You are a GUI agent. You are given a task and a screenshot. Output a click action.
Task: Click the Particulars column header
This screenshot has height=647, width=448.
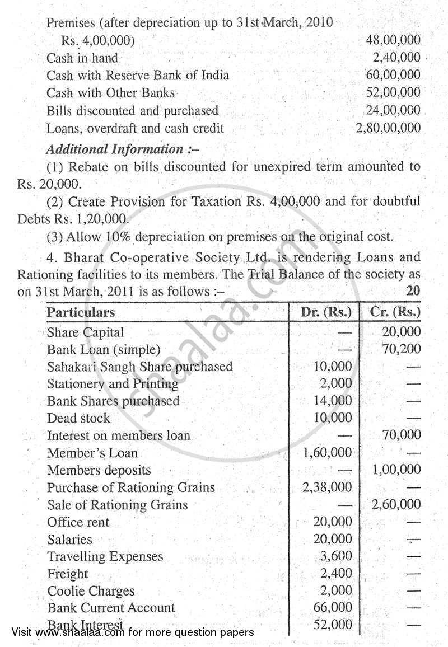(x=81, y=313)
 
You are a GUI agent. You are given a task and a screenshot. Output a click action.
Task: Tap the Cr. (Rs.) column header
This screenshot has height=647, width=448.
(x=395, y=312)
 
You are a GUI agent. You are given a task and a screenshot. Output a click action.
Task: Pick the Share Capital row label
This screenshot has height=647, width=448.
(x=85, y=332)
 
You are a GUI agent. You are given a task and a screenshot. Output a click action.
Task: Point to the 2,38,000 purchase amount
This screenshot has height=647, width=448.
(x=327, y=487)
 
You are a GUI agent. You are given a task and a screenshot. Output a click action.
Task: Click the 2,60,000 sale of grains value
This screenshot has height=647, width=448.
(x=396, y=504)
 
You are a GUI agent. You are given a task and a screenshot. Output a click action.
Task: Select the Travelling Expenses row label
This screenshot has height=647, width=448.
(x=105, y=556)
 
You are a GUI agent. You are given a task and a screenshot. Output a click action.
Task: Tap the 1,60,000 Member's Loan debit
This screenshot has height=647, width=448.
(x=327, y=452)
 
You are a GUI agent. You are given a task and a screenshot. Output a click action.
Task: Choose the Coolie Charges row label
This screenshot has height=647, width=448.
(x=91, y=591)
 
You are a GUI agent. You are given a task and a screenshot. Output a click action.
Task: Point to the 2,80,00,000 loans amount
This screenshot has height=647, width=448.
(x=388, y=128)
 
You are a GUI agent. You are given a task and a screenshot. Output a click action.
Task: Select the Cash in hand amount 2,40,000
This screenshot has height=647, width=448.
(x=396, y=58)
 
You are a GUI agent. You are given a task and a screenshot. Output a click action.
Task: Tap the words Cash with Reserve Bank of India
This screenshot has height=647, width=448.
(x=137, y=75)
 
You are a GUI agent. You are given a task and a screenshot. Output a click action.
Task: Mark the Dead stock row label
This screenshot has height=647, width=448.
(x=78, y=418)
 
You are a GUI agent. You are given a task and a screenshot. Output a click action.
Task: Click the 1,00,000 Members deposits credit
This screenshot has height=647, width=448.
(x=396, y=470)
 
